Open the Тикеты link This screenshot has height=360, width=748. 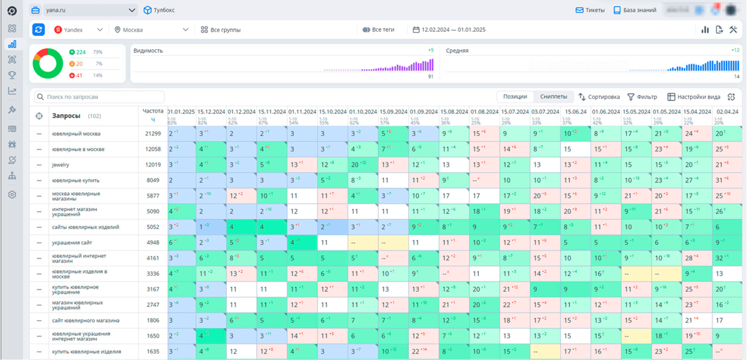pos(590,10)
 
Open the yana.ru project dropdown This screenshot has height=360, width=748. pos(84,10)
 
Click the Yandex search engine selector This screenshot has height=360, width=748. pos(78,30)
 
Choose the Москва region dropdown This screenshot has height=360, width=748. pos(151,30)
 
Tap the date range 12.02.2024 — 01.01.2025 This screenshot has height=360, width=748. pos(449,30)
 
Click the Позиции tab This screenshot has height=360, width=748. pos(515,97)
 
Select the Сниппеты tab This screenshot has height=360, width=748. pos(553,97)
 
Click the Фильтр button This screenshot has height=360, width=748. pos(642,97)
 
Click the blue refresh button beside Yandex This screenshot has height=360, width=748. pos(39,30)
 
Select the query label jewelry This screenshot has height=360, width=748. pos(61,165)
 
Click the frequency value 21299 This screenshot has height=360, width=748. pos(152,134)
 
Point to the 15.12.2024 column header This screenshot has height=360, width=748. pos(211,112)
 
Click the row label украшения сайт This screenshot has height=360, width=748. pos(72,243)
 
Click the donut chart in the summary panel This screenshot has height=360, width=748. pos(48,63)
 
